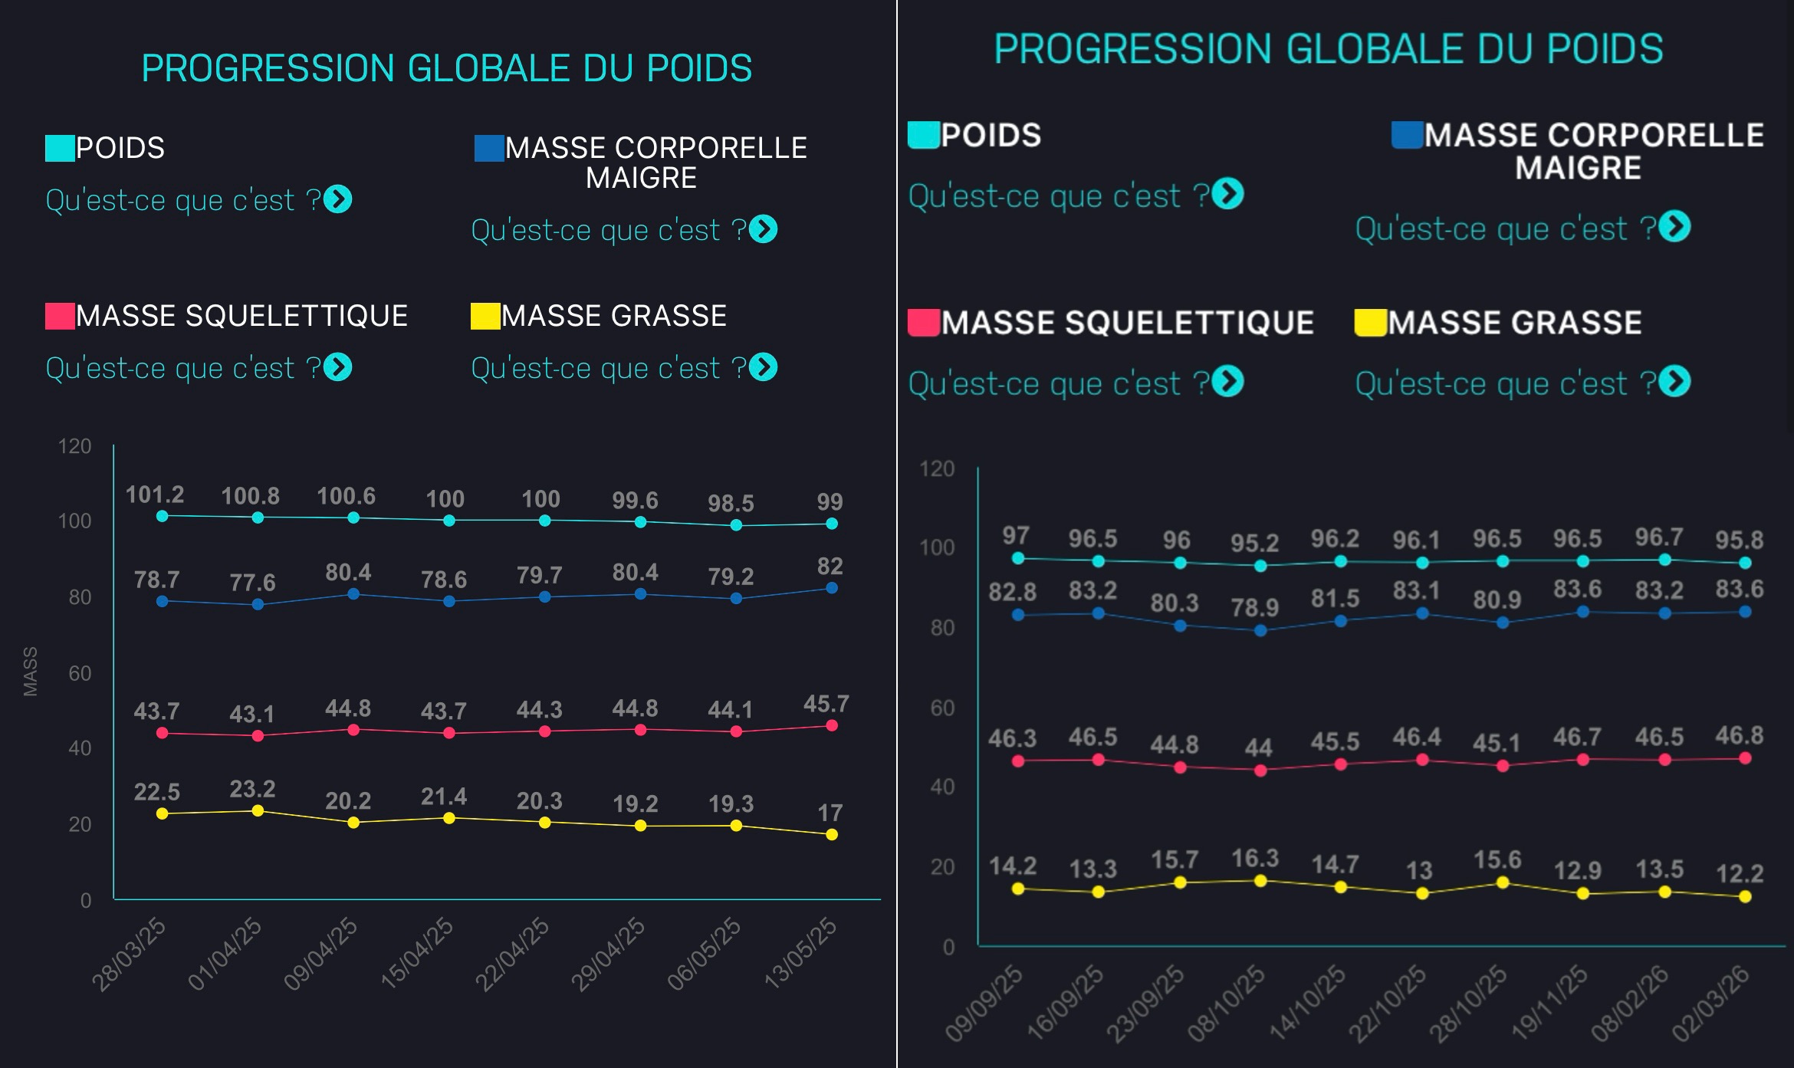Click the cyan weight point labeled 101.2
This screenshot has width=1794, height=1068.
162,516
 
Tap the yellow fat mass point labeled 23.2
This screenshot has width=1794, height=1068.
258,810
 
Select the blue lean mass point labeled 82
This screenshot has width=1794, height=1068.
832,588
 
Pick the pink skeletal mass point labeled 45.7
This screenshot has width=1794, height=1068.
832,725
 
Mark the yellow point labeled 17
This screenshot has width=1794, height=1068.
832,834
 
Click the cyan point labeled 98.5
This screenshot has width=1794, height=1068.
736,525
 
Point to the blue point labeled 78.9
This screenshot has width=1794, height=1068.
1260,631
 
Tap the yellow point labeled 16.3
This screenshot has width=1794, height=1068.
1260,881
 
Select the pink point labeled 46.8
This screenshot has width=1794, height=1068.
1745,758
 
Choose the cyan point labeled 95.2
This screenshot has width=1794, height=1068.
1260,566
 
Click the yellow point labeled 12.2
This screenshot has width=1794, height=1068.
1745,896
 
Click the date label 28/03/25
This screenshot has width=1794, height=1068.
129,955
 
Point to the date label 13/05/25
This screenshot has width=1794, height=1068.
800,953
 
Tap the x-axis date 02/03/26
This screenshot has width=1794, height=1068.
1711,1004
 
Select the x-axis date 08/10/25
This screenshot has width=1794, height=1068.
1226,1004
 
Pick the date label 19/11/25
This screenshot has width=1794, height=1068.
1549,1004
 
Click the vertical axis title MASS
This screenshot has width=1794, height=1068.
31,672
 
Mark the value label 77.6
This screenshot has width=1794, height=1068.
252,583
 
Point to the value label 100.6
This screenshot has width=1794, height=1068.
346,496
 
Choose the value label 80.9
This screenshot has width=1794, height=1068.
1497,600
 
